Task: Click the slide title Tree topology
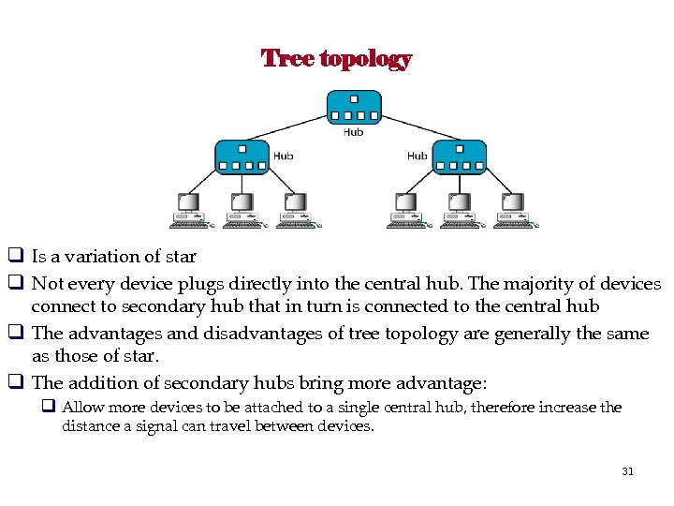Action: coord(336,59)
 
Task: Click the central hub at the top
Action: coord(354,106)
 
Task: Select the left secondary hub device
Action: coord(242,156)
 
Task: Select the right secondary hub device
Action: coord(459,156)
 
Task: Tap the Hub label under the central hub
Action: coord(353,132)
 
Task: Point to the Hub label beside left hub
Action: coord(283,156)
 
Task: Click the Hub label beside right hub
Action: coord(418,156)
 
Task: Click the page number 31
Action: coord(627,471)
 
